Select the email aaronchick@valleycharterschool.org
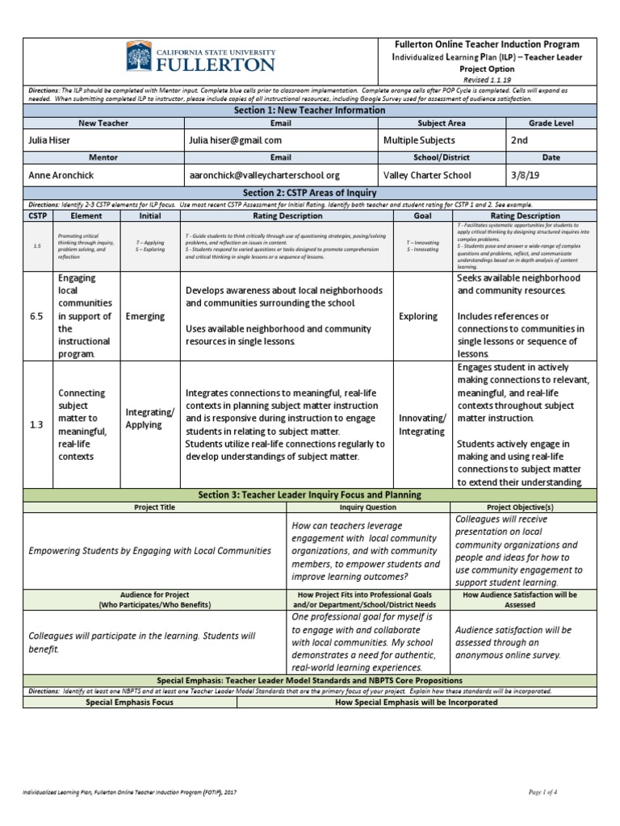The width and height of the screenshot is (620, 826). pyautogui.click(x=264, y=175)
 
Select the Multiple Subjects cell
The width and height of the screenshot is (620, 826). pyautogui.click(x=420, y=140)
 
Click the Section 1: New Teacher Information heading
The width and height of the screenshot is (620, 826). pyautogui.click(x=310, y=110)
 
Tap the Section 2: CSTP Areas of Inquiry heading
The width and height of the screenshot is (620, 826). pyautogui.click(x=310, y=193)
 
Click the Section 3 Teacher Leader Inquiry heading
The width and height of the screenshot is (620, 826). pyautogui.click(x=310, y=494)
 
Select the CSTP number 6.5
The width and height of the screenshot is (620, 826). pyautogui.click(x=37, y=316)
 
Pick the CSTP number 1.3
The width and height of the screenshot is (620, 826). pyautogui.click(x=37, y=424)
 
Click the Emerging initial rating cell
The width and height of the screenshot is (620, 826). pyautogui.click(x=145, y=316)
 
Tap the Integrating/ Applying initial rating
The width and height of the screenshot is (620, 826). pyautogui.click(x=150, y=419)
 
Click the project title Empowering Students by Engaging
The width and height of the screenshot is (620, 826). pyautogui.click(x=149, y=551)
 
